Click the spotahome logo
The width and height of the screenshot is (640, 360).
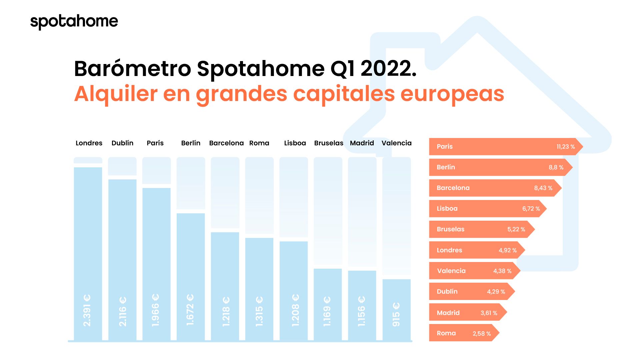pyautogui.click(x=74, y=22)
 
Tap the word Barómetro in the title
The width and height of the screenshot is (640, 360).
pyautogui.click(x=132, y=69)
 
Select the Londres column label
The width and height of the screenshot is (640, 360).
pyautogui.click(x=89, y=143)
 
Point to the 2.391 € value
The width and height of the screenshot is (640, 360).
pyautogui.click(x=87, y=310)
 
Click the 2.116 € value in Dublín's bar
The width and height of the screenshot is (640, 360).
pyautogui.click(x=122, y=311)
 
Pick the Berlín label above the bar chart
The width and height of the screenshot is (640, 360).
pyautogui.click(x=191, y=143)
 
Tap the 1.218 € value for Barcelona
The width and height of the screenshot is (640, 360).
pyautogui.click(x=226, y=311)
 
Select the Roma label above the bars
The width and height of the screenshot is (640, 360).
pyautogui.click(x=259, y=143)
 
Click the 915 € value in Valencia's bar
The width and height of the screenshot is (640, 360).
pyautogui.click(x=396, y=314)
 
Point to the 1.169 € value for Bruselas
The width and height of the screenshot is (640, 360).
pyautogui.click(x=327, y=311)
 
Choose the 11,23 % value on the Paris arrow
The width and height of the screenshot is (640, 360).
pyautogui.click(x=566, y=147)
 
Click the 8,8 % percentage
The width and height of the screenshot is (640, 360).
pyautogui.click(x=556, y=167)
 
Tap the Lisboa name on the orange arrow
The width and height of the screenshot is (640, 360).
pyautogui.click(x=447, y=209)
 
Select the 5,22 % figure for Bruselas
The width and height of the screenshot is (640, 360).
pyautogui.click(x=516, y=229)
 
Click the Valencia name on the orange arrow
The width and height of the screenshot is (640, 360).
pyautogui.click(x=451, y=271)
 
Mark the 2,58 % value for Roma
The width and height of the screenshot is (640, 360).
pyautogui.click(x=482, y=333)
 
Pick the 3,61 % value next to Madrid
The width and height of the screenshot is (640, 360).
pyautogui.click(x=489, y=313)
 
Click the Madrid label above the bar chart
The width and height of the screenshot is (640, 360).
pyautogui.click(x=362, y=143)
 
